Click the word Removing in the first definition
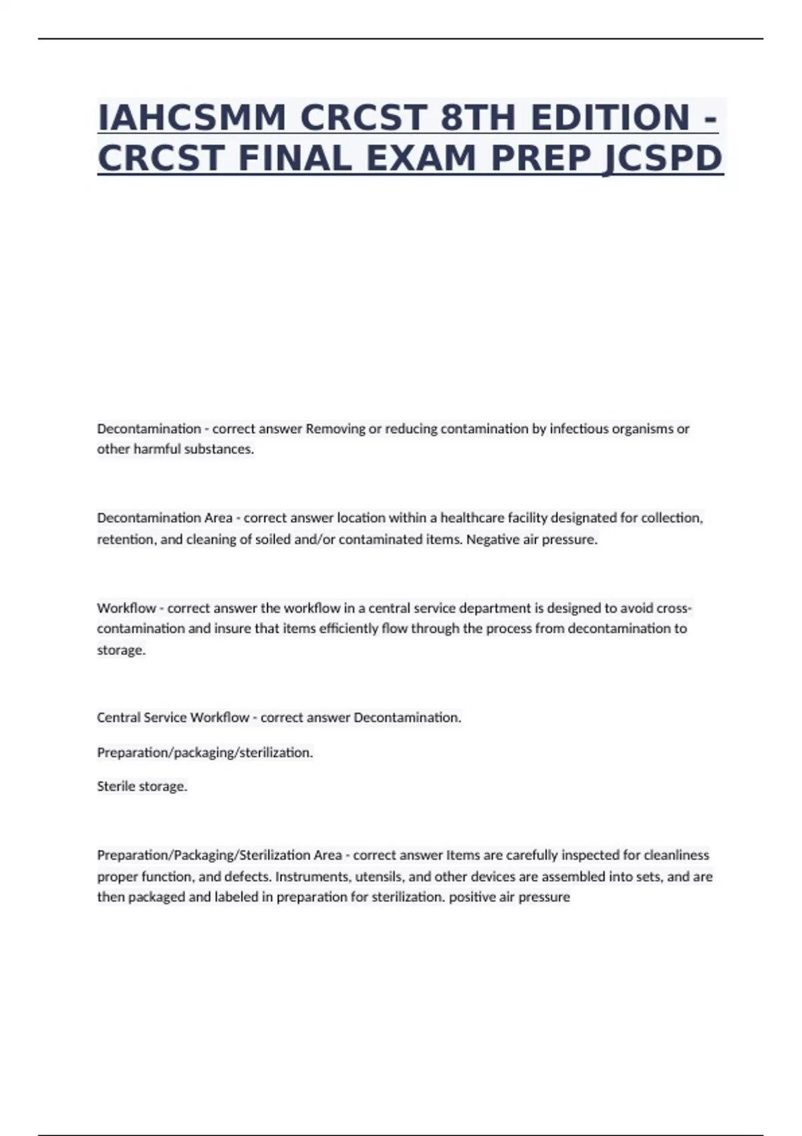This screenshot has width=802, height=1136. tap(335, 429)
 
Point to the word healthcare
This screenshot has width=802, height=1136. tap(471, 518)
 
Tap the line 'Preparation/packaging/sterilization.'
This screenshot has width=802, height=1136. tap(205, 752)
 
